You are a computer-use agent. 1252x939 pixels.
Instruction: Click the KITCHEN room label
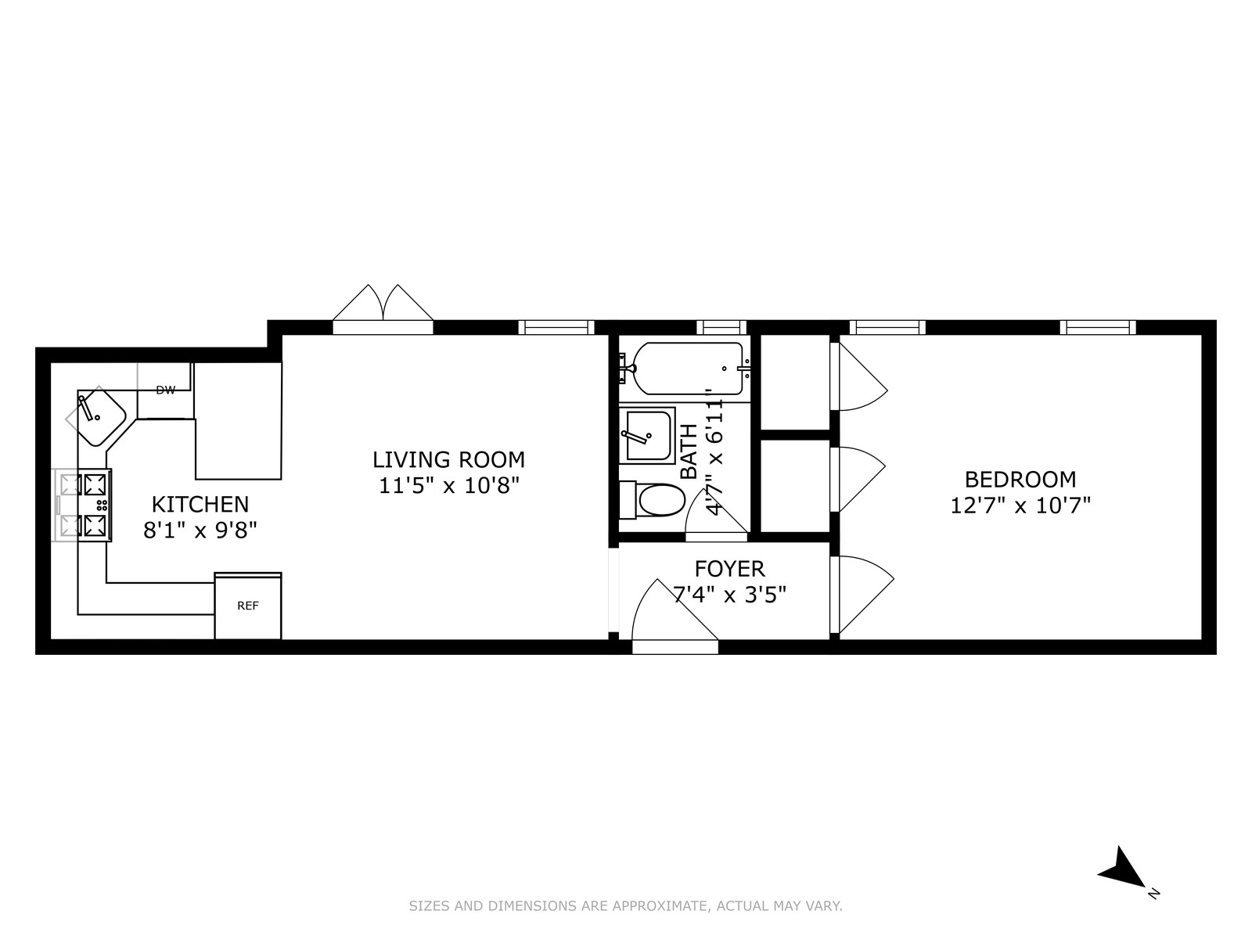[x=200, y=504]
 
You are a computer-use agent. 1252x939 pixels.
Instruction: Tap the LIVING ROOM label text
[x=448, y=459]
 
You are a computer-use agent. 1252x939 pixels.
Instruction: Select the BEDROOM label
[x=1020, y=479]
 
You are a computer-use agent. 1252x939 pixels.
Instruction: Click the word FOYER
[x=729, y=569]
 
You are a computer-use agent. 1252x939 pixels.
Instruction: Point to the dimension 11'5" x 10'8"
[x=448, y=486]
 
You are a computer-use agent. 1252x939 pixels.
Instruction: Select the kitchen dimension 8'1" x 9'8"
[x=200, y=531]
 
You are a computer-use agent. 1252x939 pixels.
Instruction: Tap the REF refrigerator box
[x=248, y=606]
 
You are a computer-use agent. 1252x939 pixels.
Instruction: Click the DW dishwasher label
[x=165, y=390]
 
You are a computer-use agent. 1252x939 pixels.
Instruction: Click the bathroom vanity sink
[x=648, y=435]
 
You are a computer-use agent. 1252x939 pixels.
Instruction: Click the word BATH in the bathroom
[x=689, y=452]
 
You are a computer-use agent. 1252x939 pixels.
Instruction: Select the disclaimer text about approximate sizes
[x=625, y=906]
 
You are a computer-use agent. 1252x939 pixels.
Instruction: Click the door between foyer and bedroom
[x=861, y=595]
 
